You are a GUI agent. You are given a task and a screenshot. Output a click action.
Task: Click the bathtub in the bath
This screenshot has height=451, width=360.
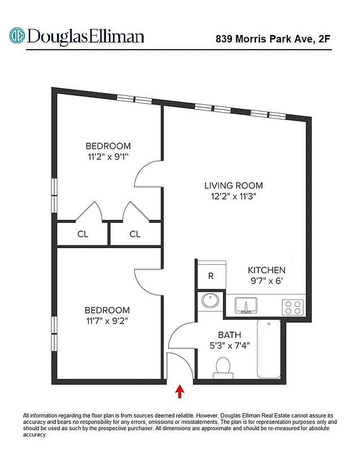click(269, 349)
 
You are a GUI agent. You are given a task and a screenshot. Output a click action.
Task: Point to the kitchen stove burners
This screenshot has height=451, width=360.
click(293, 307)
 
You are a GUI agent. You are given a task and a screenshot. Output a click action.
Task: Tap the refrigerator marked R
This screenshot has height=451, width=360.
click(210, 276)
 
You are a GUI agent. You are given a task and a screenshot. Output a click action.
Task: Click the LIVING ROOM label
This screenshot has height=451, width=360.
click(233, 185)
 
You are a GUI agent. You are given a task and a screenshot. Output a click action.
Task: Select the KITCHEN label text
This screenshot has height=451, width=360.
click(267, 270)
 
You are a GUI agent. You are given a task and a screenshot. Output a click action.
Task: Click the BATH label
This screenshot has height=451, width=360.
click(229, 335)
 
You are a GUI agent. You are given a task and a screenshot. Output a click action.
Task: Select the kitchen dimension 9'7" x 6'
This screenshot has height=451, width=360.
click(267, 281)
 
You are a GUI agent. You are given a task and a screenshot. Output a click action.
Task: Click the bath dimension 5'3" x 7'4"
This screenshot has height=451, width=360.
click(229, 346)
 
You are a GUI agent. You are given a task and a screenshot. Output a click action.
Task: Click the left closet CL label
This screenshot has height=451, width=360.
click(82, 234)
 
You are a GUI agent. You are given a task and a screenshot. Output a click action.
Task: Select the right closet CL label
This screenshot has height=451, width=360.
click(135, 234)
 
